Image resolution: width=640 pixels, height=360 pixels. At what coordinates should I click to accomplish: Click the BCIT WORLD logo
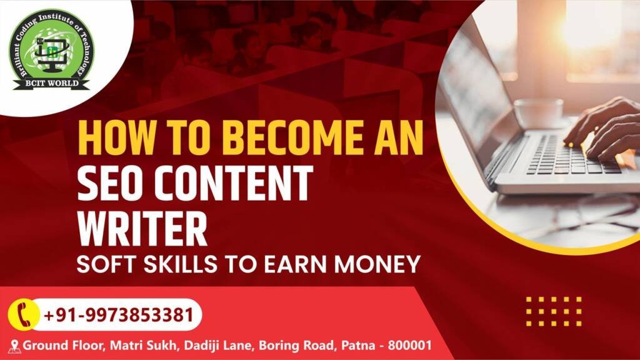(x=51, y=50)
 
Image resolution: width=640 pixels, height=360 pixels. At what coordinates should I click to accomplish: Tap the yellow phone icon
(x=24, y=315)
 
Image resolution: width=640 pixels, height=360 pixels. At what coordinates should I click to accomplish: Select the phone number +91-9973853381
(x=118, y=315)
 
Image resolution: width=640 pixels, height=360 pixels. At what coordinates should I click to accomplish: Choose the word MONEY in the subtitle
(x=377, y=264)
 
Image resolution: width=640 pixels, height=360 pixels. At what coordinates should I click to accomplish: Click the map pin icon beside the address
(x=15, y=346)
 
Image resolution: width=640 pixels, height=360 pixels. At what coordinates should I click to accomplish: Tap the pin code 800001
(x=409, y=345)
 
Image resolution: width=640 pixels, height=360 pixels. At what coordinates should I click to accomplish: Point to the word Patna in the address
(x=358, y=345)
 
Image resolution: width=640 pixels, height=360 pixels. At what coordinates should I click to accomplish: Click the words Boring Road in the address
(x=296, y=345)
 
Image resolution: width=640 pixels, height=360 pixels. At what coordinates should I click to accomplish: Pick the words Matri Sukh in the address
(x=144, y=345)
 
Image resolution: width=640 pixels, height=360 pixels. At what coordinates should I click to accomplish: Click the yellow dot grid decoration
(x=554, y=311)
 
